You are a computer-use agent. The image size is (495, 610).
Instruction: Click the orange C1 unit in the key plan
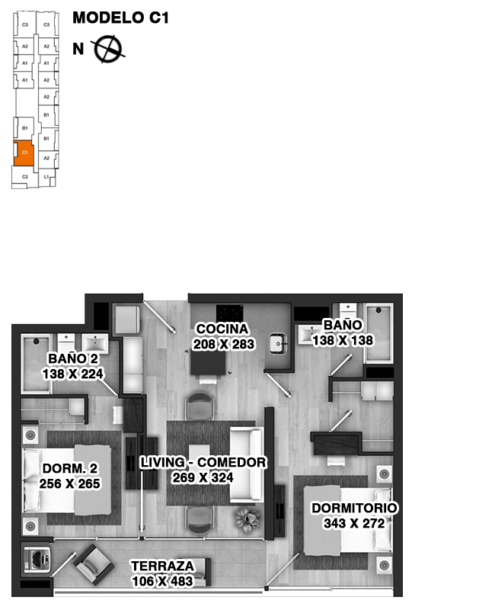(24, 152)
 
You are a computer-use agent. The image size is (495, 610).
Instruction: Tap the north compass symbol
(108, 49)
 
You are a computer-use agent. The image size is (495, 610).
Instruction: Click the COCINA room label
(222, 329)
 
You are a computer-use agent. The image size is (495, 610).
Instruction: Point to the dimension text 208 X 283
(224, 344)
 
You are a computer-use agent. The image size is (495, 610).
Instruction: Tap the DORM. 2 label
(69, 468)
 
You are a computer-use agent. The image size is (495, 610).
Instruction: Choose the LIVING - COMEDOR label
(203, 462)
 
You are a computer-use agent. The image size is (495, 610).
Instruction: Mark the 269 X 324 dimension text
(203, 477)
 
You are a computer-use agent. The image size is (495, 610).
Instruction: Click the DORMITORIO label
(354, 508)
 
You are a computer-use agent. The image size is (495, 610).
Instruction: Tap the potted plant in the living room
(247, 518)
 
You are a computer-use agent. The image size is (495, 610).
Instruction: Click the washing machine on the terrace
(35, 559)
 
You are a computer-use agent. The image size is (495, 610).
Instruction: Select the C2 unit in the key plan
(24, 177)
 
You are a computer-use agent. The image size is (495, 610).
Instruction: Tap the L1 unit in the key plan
(46, 177)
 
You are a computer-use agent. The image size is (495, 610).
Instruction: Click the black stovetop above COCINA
(229, 313)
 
